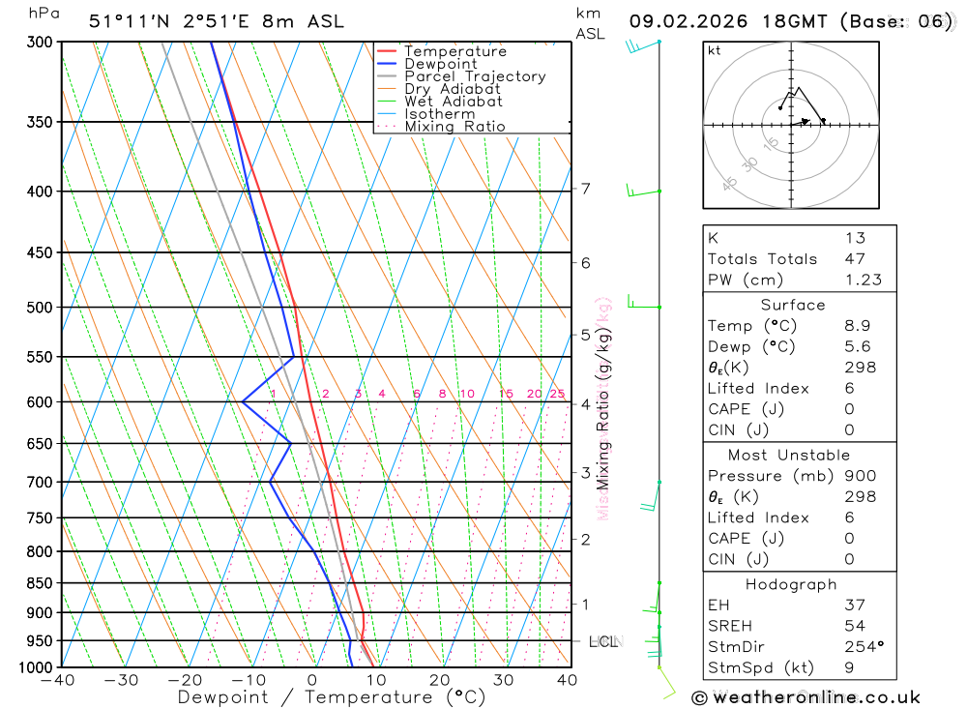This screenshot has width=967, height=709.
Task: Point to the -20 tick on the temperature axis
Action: tap(185, 681)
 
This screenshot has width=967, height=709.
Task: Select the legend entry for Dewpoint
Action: tap(440, 64)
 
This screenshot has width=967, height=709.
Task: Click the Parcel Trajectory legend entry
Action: tap(474, 76)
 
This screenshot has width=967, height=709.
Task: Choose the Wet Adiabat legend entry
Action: tap(453, 102)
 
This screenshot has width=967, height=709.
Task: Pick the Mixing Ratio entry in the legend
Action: tap(454, 127)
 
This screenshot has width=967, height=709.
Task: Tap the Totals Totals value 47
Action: tap(855, 258)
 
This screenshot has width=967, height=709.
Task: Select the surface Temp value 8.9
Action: tap(855, 326)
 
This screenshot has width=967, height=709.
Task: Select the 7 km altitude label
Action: tap(585, 189)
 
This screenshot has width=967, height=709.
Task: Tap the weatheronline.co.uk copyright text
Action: tap(806, 697)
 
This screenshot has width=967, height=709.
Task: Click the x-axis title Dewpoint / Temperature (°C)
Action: tap(332, 697)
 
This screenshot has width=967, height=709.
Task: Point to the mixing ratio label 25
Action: tap(557, 394)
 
